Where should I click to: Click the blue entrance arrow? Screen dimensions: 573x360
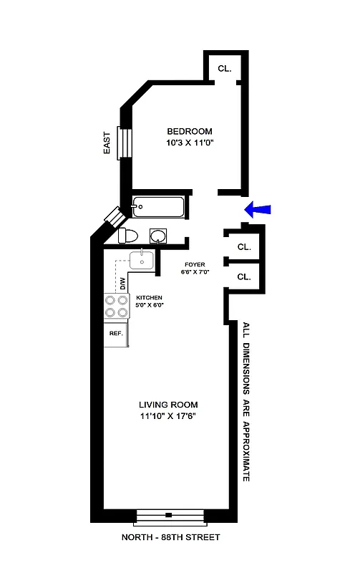(259, 208)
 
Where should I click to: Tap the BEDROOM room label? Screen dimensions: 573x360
(190, 131)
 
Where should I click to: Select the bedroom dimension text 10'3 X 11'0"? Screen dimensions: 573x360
(190, 143)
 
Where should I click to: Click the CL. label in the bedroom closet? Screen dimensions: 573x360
(224, 69)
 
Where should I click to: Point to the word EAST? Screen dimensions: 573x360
(107, 142)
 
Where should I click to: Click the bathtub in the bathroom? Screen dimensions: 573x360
(159, 207)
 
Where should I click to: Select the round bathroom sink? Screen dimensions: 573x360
(159, 236)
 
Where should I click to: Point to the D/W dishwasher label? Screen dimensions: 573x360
(122, 284)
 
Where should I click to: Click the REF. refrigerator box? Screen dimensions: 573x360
(116, 334)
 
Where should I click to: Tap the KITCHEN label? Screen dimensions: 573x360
(149, 297)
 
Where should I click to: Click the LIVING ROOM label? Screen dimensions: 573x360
(169, 405)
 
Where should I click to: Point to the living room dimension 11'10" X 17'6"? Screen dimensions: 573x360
(169, 417)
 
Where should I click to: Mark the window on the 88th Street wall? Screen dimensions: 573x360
(169, 515)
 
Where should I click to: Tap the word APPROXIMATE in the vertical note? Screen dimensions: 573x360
(245, 450)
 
